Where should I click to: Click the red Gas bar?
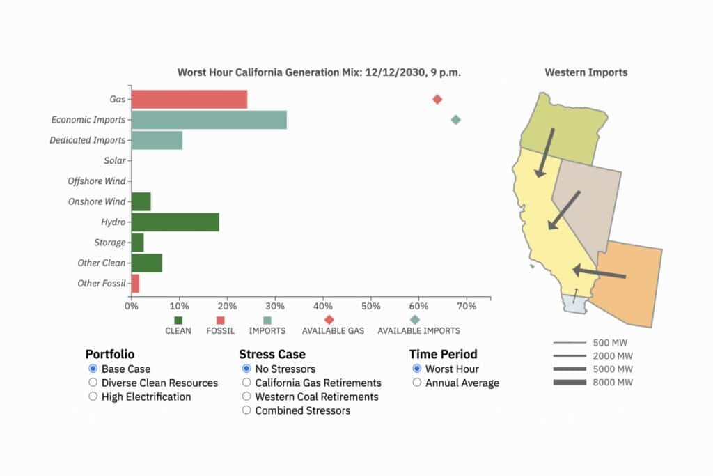(189, 99)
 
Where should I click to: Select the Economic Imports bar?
(209, 120)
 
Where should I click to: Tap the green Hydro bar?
(175, 222)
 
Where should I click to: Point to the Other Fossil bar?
(135, 284)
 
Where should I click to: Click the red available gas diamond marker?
(437, 100)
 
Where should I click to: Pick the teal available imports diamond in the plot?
(455, 120)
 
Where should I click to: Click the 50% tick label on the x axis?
(371, 306)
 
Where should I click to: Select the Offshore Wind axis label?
(96, 181)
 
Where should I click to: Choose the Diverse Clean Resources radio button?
(93, 383)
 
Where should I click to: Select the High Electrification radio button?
(93, 397)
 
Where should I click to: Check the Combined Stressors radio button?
(246, 410)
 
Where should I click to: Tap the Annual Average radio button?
(416, 383)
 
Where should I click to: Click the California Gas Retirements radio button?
(246, 383)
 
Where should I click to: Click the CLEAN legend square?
(178, 320)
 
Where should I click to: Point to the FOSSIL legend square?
(220, 320)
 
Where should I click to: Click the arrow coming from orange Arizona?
(599, 272)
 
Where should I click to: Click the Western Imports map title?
(586, 72)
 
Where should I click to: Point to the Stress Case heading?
(272, 354)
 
